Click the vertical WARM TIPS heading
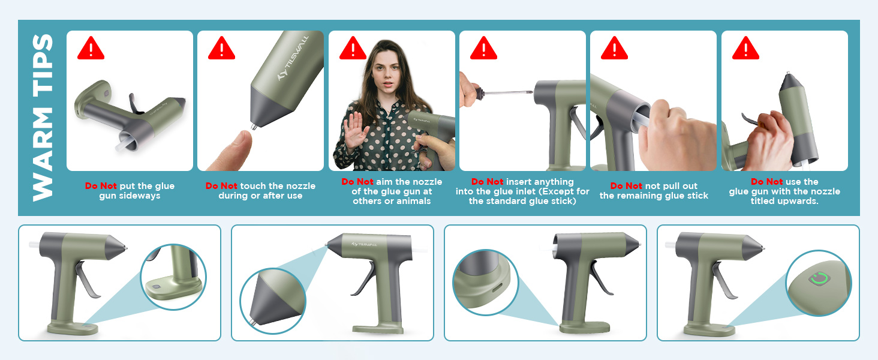(x=43, y=118)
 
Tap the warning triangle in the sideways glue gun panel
(x=91, y=49)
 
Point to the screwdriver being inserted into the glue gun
(x=503, y=93)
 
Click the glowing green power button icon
(x=819, y=278)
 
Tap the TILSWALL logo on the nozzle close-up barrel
(x=293, y=58)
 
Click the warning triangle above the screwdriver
(x=484, y=49)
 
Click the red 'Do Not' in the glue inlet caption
(x=487, y=182)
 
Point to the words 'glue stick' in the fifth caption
(x=687, y=196)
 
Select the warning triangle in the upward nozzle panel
(x=746, y=49)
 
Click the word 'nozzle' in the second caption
(x=300, y=186)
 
